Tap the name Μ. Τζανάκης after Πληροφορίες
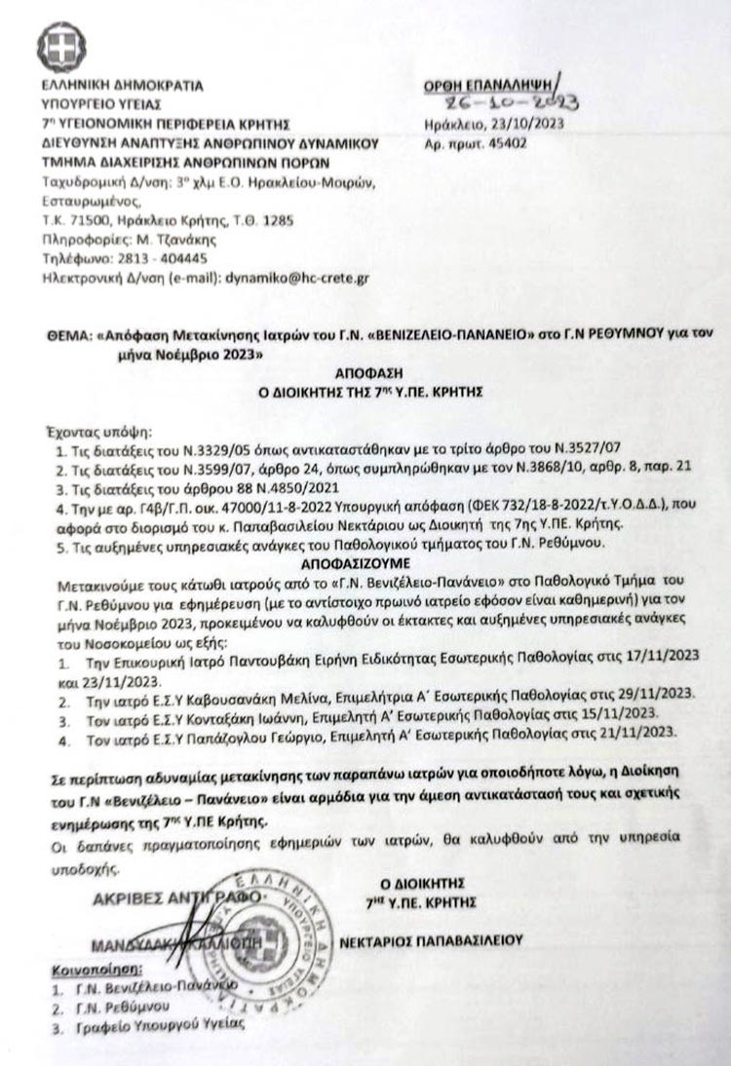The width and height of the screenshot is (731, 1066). (182, 240)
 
